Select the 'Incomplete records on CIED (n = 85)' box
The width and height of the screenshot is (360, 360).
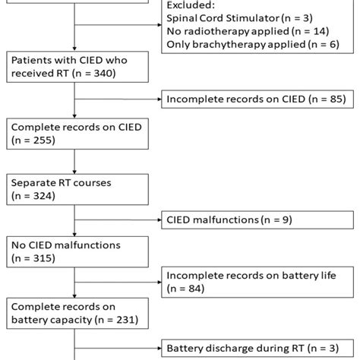click(x=251, y=98)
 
